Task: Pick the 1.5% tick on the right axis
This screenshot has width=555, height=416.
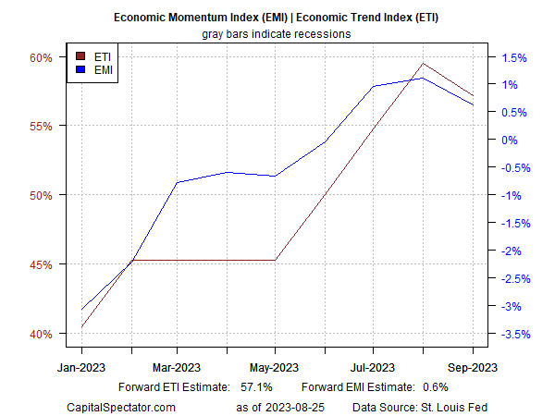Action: pos(513,57)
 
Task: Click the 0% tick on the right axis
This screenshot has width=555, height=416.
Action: pos(510,140)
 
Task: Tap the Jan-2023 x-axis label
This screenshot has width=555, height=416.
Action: pos(82,367)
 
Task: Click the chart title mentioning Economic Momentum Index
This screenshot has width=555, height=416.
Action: pos(277,18)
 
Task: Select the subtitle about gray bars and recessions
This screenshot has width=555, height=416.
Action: pos(277,33)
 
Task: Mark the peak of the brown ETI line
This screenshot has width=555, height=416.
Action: pos(423,64)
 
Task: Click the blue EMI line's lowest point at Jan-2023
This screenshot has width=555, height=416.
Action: pos(82,309)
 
